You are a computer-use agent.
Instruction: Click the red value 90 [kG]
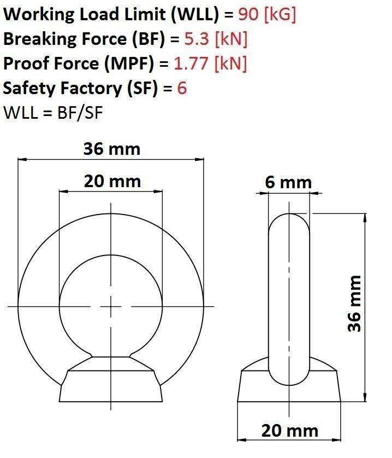(x=267, y=14)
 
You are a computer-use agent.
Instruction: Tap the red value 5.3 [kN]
(x=216, y=38)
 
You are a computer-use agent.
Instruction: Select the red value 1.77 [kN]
(x=210, y=63)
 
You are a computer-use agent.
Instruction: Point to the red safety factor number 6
(x=182, y=88)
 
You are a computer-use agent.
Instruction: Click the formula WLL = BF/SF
(x=53, y=113)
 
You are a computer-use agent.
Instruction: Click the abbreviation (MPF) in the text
(x=129, y=63)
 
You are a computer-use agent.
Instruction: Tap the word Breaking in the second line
(x=40, y=39)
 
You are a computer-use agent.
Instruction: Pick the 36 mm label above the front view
(x=112, y=149)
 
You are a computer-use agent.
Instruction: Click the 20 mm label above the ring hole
(x=112, y=181)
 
